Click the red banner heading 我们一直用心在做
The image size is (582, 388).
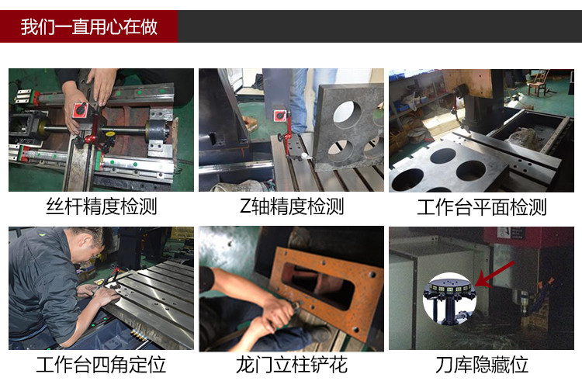[x=89, y=26]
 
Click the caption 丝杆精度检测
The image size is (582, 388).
[x=101, y=207]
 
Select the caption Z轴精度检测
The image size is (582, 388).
[x=291, y=207]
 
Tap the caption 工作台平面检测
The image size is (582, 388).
[x=481, y=207]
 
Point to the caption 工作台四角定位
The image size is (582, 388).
[x=101, y=364]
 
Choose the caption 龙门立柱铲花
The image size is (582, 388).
[x=291, y=364]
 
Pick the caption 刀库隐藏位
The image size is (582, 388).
[x=481, y=364]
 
